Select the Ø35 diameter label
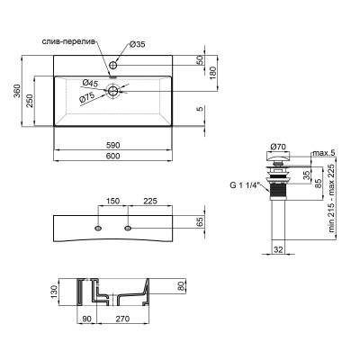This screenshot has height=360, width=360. (x=136, y=43)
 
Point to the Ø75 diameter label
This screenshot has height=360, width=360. (x=86, y=97)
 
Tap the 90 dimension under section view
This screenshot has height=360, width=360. (x=85, y=318)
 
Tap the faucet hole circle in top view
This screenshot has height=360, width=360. (x=114, y=66)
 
